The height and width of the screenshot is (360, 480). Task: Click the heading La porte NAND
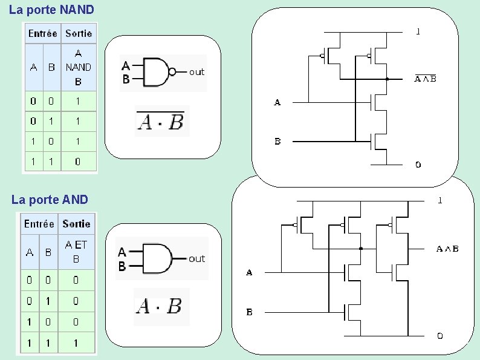(x=51, y=10)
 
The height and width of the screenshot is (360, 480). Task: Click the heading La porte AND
(x=50, y=200)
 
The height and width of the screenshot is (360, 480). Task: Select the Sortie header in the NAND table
(x=79, y=33)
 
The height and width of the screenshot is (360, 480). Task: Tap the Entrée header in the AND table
(x=39, y=224)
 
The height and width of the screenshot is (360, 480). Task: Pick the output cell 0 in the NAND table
(x=78, y=162)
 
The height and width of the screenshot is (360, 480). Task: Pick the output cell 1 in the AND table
(x=76, y=343)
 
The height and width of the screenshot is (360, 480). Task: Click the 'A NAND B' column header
(x=79, y=67)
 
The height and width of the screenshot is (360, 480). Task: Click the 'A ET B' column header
(x=76, y=252)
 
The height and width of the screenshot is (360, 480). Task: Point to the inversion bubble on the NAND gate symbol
(x=172, y=72)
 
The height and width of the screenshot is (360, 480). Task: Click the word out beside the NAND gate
(x=196, y=73)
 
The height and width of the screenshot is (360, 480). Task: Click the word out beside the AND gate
(x=196, y=259)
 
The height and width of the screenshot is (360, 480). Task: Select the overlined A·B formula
(x=160, y=121)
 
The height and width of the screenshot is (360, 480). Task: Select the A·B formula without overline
(x=158, y=306)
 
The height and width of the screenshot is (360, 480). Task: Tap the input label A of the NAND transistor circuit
(x=277, y=102)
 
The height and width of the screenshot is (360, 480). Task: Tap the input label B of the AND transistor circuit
(x=250, y=312)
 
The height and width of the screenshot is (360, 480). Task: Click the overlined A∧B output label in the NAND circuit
(x=425, y=79)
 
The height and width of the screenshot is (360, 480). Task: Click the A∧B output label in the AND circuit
(x=447, y=249)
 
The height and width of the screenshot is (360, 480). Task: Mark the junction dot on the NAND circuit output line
(x=387, y=79)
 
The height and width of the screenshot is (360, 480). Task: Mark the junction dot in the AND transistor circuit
(x=361, y=249)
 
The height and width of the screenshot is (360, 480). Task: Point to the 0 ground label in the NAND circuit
(x=418, y=165)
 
